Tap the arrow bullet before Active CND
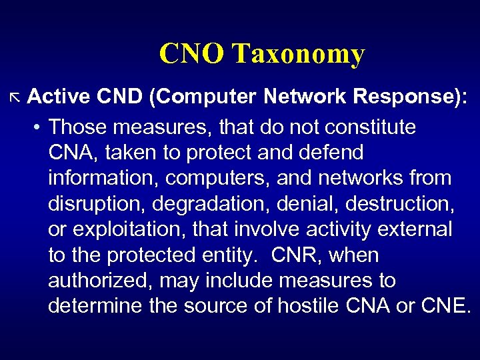[x=16, y=99]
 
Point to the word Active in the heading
[x=59, y=97]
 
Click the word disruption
[x=91, y=204]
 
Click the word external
[x=414, y=229]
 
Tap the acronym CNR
[x=293, y=255]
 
